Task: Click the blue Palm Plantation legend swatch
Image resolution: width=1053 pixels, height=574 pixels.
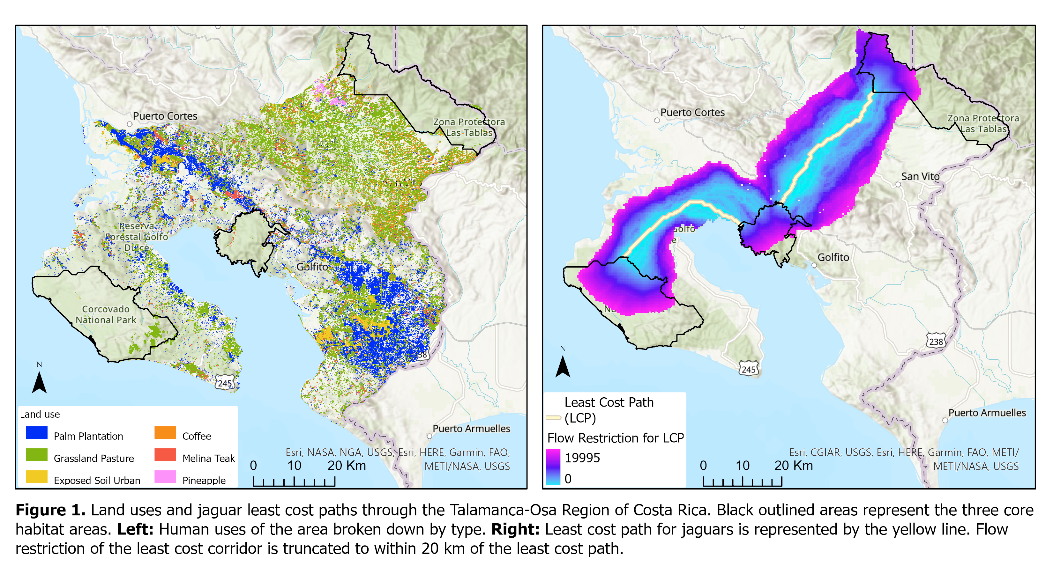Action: click(x=36, y=432)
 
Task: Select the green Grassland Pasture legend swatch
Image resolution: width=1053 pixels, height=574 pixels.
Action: click(x=36, y=454)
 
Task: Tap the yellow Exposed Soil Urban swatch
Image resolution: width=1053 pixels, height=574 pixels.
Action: click(x=36, y=477)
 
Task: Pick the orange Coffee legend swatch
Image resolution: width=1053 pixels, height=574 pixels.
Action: click(x=165, y=432)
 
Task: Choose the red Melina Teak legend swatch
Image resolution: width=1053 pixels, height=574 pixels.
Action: click(x=165, y=454)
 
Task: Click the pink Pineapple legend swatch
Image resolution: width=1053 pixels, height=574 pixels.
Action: click(x=165, y=477)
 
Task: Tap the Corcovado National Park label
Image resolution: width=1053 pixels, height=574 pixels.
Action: click(x=106, y=314)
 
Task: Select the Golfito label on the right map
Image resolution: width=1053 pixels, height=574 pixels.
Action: click(x=833, y=257)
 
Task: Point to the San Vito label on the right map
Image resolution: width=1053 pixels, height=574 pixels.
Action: click(x=920, y=176)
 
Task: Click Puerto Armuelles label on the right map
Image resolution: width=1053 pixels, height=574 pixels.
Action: click(x=987, y=413)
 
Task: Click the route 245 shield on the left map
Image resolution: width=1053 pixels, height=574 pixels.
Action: click(x=224, y=383)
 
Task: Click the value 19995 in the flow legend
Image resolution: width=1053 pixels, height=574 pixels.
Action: click(x=582, y=458)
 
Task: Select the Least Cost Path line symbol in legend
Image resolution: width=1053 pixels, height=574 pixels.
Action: click(x=554, y=417)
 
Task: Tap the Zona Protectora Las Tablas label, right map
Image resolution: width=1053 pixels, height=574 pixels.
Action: click(x=983, y=123)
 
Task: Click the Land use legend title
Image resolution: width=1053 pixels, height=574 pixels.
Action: click(x=40, y=414)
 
